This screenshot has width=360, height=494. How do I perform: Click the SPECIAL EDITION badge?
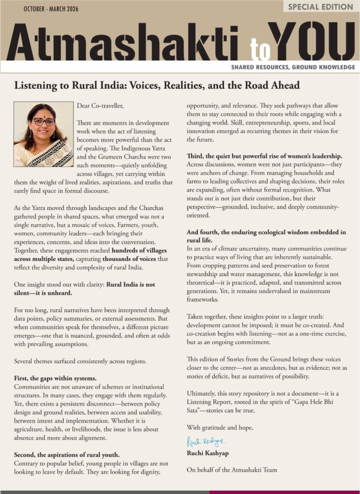pyautogui.click(x=320, y=7)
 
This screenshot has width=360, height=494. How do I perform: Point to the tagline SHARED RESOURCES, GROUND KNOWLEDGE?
pyautogui.click(x=293, y=67)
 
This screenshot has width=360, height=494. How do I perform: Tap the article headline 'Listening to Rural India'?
pyautogui.click(x=157, y=85)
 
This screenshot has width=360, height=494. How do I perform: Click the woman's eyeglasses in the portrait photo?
pyautogui.click(x=43, y=122)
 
